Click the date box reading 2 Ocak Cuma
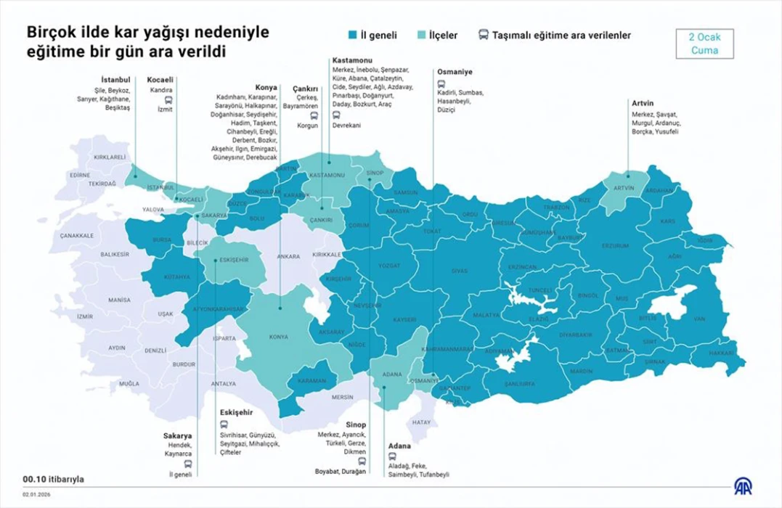click(x=704, y=44)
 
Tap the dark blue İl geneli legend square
click(x=352, y=35)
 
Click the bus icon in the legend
click(x=483, y=35)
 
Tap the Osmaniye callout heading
click(x=455, y=72)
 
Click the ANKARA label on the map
click(x=288, y=255)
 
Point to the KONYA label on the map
click(x=278, y=337)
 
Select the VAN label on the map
click(x=700, y=319)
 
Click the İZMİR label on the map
click(x=85, y=316)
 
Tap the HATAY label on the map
click(x=421, y=422)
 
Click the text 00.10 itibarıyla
click(x=54, y=479)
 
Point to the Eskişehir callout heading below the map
click(x=236, y=411)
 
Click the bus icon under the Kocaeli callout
click(x=168, y=100)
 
